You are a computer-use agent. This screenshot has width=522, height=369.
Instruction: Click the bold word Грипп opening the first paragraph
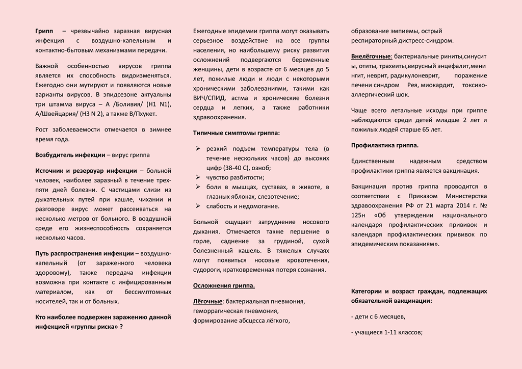pyautogui.click(x=44, y=31)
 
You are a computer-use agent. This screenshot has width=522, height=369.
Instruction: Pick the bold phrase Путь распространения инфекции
pyautogui.click(x=84, y=253)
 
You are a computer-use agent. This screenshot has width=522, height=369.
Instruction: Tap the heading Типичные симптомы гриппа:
pyautogui.click(x=236, y=133)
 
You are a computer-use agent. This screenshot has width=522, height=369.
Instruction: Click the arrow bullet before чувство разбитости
pyautogui.click(x=198, y=177)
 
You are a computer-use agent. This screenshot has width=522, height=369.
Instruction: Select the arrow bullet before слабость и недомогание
pyautogui.click(x=198, y=206)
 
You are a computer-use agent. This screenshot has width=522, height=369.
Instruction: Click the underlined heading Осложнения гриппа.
pyautogui.click(x=224, y=285)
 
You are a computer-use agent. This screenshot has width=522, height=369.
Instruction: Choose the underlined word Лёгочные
pyautogui.click(x=207, y=302)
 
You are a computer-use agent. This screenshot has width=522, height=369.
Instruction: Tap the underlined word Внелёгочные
pyautogui.click(x=372, y=56)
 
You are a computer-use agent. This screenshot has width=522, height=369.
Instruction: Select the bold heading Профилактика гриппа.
pyautogui.click(x=385, y=145)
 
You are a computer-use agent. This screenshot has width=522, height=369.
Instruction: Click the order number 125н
pyautogui.click(x=359, y=215)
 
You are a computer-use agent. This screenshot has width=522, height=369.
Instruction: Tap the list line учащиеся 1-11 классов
pyautogui.click(x=387, y=333)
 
